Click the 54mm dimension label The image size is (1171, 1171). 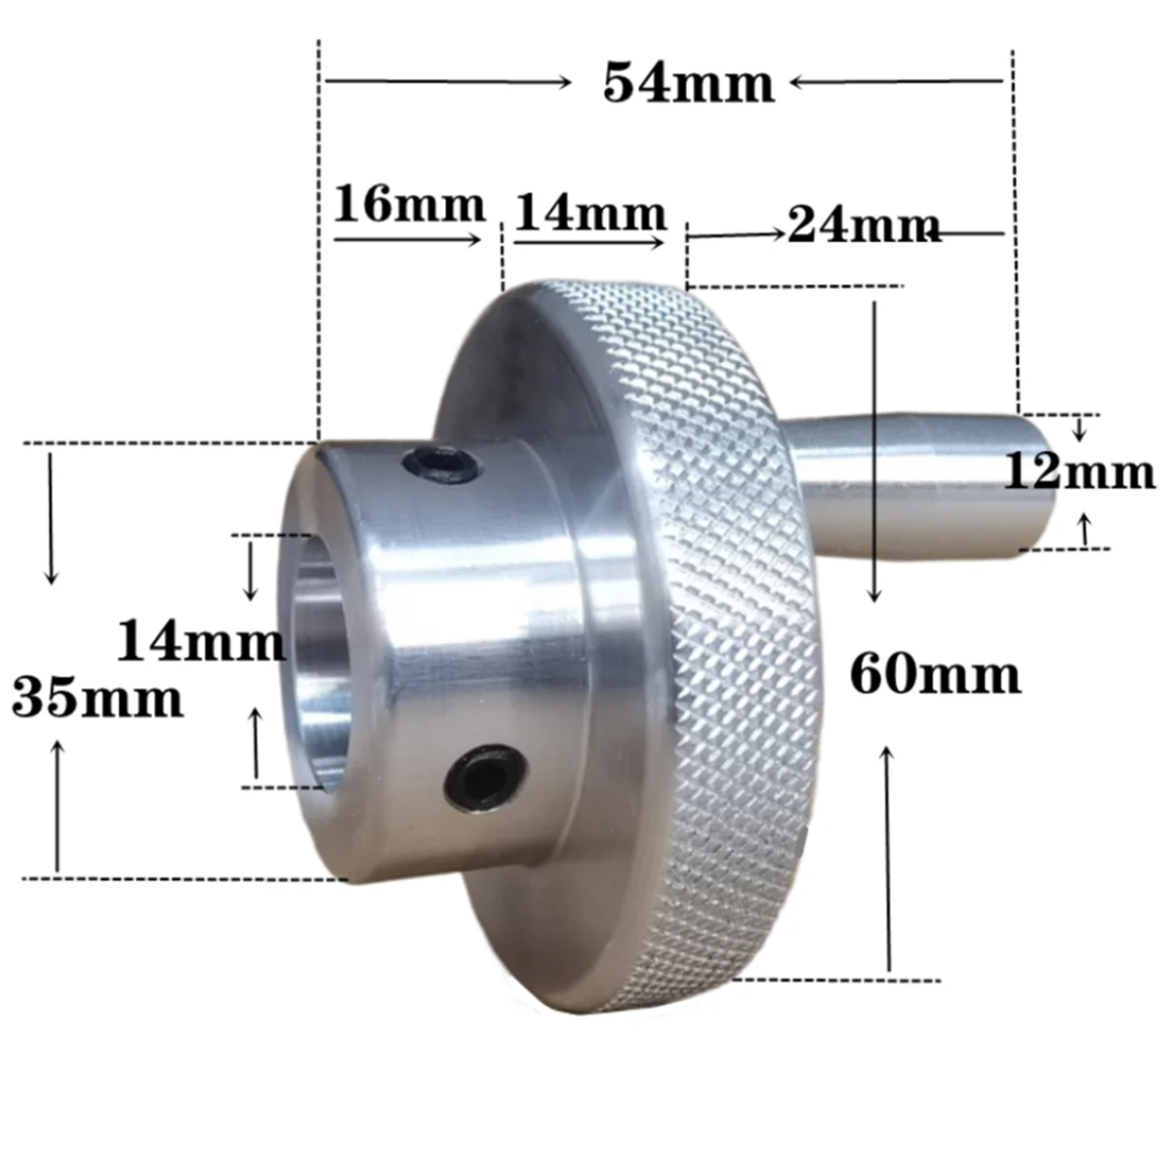(688, 83)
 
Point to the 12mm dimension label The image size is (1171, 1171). (1079, 473)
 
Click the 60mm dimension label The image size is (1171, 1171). (935, 674)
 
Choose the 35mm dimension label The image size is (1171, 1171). (97, 699)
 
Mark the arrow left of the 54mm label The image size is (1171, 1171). (449, 83)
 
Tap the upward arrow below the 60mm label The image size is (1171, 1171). (889, 859)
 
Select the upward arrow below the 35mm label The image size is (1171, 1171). (58, 805)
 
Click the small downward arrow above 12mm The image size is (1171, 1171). (1078, 428)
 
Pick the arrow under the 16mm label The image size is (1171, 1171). (409, 238)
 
